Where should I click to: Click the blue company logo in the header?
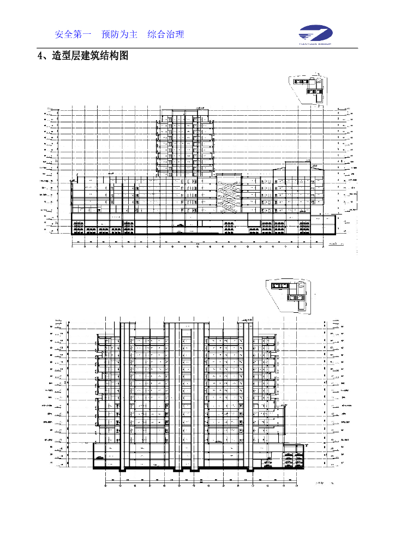(x=317, y=33)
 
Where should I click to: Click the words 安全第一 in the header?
(x=73, y=34)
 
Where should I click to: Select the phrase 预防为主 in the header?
(x=119, y=34)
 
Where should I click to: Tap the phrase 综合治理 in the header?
(x=166, y=34)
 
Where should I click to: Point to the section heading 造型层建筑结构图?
(x=90, y=56)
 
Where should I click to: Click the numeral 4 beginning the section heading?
(x=39, y=56)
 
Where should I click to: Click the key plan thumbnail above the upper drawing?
(x=309, y=87)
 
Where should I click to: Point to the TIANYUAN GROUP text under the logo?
(x=317, y=43)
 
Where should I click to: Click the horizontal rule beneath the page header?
(x=197, y=48)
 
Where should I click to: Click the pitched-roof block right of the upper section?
(x=298, y=186)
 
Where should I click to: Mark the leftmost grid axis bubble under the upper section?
(x=73, y=246)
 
